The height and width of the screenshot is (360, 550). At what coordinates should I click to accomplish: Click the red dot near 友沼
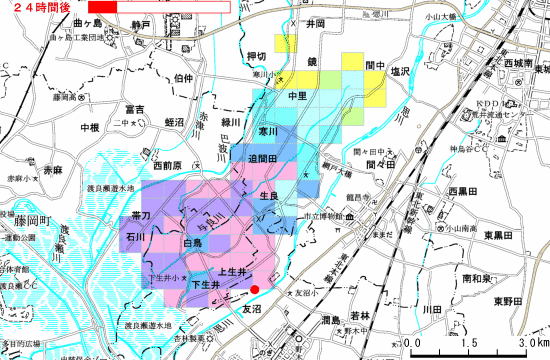tap(255, 290)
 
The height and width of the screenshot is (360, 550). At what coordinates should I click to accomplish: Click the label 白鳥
tap(193, 243)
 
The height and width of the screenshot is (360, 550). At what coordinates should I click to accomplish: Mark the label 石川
tap(135, 238)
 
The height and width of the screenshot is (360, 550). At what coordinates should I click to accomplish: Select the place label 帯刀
tap(140, 215)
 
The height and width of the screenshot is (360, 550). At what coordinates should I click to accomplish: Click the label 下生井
tap(205, 286)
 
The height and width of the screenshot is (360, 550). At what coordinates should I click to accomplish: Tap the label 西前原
tap(167, 165)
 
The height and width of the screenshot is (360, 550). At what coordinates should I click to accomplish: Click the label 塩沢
tap(402, 72)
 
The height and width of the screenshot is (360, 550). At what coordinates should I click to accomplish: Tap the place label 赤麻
tap(52, 172)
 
